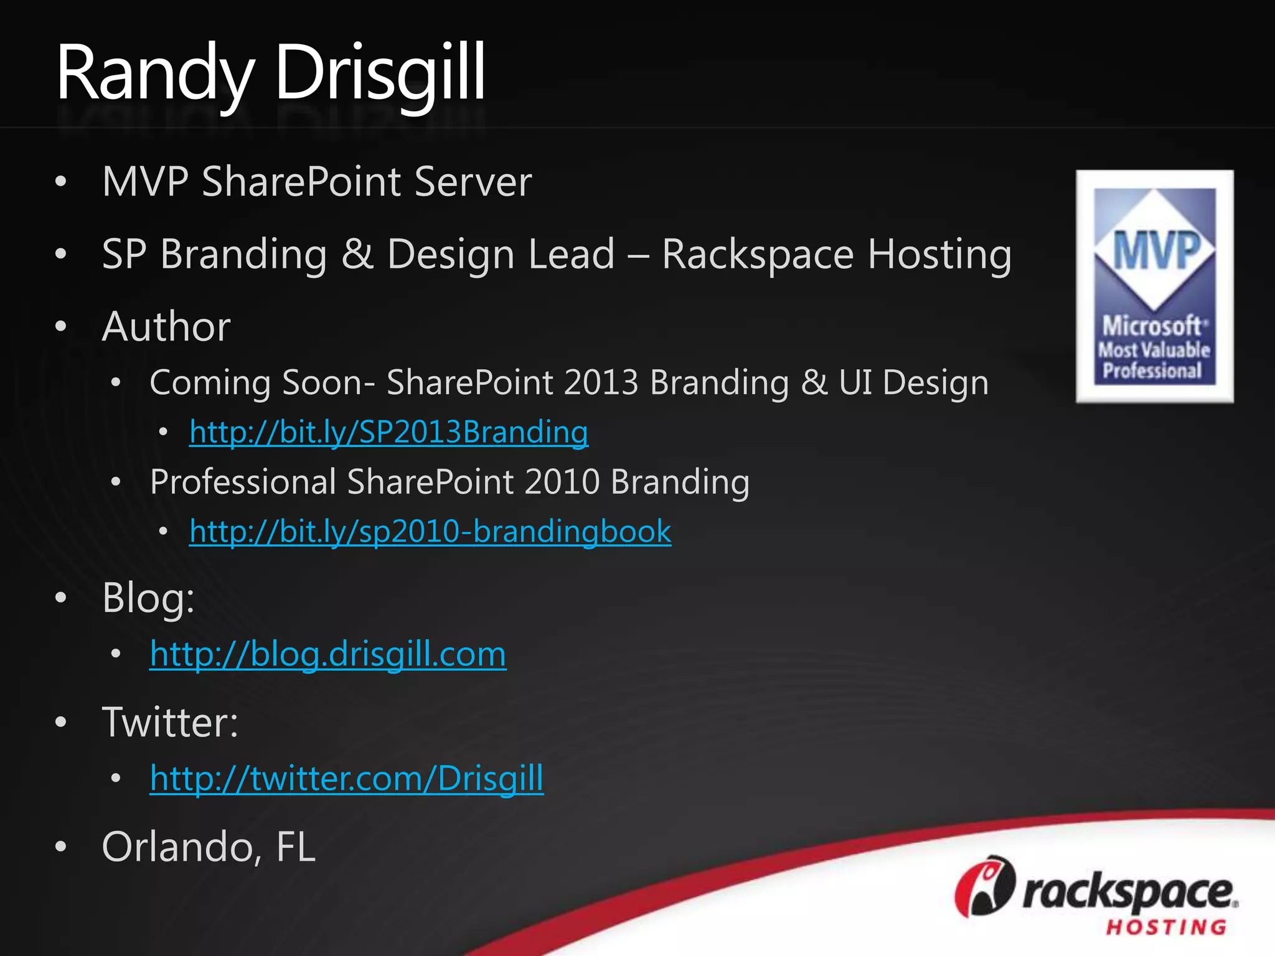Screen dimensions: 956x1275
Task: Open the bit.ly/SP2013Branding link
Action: click(388, 432)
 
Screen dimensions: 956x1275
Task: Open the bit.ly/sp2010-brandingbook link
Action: click(430, 532)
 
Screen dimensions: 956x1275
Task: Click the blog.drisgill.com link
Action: click(328, 654)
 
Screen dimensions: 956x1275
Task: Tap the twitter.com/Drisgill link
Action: click(347, 778)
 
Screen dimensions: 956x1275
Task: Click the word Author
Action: click(166, 326)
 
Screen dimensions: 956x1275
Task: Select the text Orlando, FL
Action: click(209, 847)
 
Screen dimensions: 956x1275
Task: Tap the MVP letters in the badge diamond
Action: click(1155, 250)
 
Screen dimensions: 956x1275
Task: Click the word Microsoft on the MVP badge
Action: click(1152, 326)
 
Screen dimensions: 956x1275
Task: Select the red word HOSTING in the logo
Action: click(1166, 927)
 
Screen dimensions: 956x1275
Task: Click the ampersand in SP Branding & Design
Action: click(357, 254)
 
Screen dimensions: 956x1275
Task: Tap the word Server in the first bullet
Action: click(473, 182)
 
